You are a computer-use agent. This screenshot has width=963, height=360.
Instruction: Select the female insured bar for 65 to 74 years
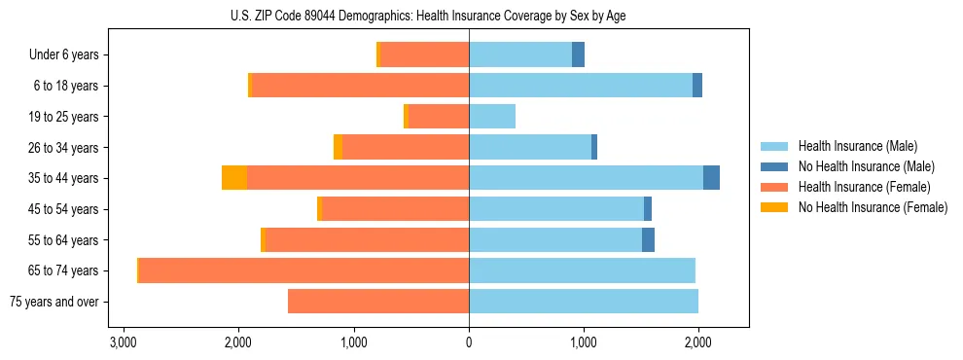click(x=303, y=270)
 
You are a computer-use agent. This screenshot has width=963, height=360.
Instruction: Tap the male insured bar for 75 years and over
click(x=584, y=302)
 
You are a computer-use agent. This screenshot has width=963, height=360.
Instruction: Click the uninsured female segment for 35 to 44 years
click(x=234, y=178)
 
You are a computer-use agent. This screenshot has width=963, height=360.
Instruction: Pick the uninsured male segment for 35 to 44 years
click(x=711, y=178)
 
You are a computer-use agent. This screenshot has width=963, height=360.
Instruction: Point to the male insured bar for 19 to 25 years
click(x=492, y=117)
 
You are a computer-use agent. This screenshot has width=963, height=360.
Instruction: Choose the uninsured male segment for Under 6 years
click(x=578, y=54)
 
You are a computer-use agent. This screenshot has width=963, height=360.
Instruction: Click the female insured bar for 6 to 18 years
click(x=360, y=86)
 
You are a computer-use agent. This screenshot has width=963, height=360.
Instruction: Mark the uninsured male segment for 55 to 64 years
click(x=648, y=239)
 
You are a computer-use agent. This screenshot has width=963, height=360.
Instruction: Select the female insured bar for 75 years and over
click(x=378, y=302)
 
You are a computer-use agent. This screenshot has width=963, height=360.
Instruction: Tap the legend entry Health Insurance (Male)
click(x=857, y=146)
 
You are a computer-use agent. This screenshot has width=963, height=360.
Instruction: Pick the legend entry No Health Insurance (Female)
click(x=872, y=207)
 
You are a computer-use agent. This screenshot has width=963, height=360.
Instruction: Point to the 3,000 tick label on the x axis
click(x=123, y=342)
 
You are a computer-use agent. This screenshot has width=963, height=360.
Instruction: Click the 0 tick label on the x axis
click(x=469, y=342)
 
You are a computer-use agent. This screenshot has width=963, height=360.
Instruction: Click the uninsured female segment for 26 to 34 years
click(x=338, y=147)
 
